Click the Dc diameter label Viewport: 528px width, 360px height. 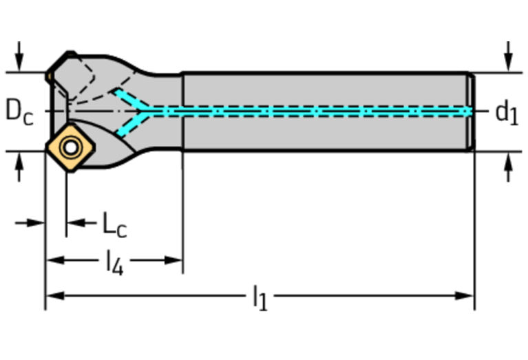19,112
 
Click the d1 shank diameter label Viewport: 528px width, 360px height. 507,114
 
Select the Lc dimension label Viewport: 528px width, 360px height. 114,224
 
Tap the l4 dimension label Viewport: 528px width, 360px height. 114,263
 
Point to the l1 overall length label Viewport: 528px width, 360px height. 260,298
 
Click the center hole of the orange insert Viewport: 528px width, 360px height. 71,147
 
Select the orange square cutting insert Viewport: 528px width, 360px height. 71,148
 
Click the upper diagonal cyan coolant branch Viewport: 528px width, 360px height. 129,98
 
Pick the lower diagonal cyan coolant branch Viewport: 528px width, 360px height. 131,124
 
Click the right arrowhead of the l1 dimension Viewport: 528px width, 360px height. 465,296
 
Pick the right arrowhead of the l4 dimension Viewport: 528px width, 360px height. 173,260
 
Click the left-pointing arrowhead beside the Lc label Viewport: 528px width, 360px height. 76,222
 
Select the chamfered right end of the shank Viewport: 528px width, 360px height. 471,112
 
